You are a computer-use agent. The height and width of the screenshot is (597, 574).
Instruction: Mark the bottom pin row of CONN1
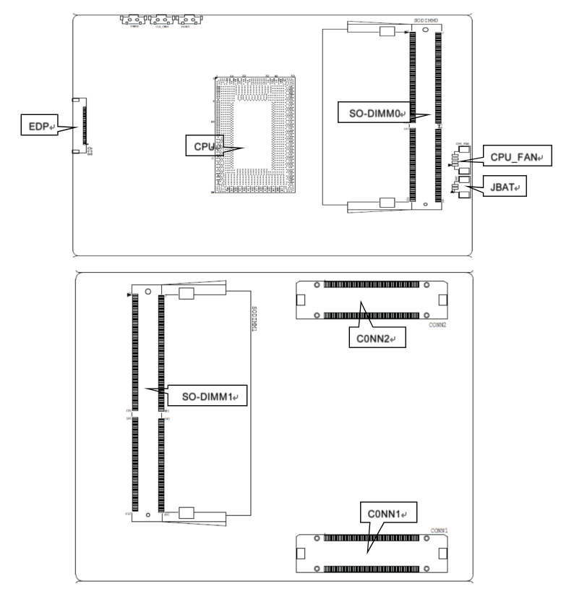371,570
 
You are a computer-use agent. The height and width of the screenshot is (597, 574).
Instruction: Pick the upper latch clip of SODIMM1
187,293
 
